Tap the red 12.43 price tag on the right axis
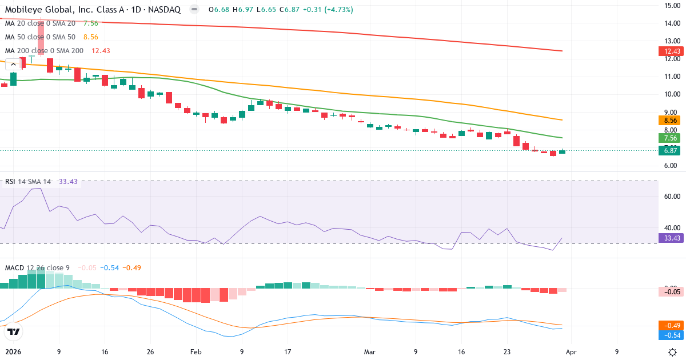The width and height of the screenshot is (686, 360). pos(668,51)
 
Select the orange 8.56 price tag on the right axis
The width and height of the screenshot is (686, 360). pos(668,121)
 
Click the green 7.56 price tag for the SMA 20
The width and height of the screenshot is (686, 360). pos(668,138)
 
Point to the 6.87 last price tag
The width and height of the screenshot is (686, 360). pos(668,150)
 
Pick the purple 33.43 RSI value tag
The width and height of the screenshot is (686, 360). pos(668,238)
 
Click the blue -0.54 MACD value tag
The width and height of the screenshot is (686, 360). pos(668,335)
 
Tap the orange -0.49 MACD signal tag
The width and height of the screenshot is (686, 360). pos(668,325)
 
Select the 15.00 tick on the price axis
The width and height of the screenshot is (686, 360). pos(671,6)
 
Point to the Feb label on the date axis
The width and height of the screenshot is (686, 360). pos(196,352)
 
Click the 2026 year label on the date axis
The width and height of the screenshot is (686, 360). pos(12,352)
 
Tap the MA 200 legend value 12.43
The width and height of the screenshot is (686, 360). pos(101,51)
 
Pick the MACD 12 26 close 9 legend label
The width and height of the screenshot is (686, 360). pos(38,268)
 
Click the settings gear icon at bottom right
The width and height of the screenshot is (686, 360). pos(673,352)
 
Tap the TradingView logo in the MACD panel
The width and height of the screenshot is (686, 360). pos(14,331)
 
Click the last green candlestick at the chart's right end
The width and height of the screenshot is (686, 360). pos(563,151)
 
